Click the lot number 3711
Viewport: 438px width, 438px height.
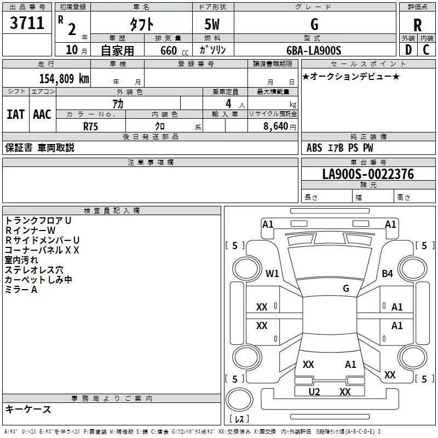coord(27,23)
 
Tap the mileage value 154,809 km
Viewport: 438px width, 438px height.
coord(64,79)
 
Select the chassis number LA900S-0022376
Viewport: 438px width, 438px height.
coord(368,174)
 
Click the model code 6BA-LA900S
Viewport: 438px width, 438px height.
coord(314,50)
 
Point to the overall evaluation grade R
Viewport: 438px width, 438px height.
coord(417,25)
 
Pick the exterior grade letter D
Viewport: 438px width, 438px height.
coord(408,50)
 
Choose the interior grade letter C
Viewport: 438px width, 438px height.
coord(426,50)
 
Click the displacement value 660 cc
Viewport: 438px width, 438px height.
coord(174,51)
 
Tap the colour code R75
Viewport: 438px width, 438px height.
coord(90,126)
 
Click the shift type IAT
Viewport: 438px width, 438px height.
coord(15,114)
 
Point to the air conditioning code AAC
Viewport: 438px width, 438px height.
coord(42,114)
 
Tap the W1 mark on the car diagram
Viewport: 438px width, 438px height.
coord(272,273)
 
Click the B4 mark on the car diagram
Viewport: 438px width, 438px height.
coord(387,273)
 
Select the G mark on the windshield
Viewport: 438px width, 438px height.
coord(346,289)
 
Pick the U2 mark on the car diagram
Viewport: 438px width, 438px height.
coord(314,392)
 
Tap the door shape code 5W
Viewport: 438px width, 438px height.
coord(212,24)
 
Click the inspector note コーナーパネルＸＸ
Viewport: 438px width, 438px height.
coord(42,250)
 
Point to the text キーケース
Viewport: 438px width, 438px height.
coord(28,409)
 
